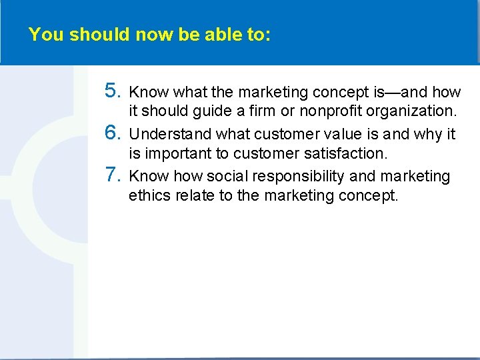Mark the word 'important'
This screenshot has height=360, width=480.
[x=177, y=155]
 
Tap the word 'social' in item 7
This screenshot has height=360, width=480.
[x=225, y=176]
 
